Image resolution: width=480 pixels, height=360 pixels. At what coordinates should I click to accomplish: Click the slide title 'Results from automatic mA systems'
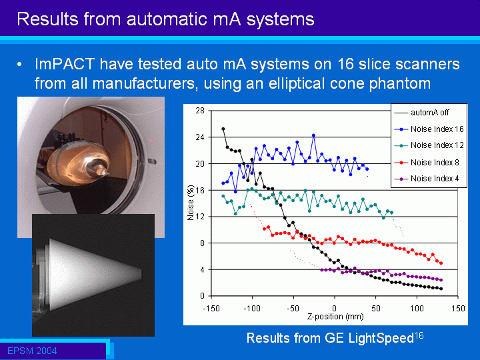click(165, 19)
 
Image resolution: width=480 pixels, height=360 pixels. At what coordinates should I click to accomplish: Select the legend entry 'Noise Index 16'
click(437, 129)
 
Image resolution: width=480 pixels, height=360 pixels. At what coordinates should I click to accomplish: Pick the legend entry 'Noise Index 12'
click(437, 145)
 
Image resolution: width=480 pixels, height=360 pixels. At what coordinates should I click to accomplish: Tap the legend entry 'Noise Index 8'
click(435, 162)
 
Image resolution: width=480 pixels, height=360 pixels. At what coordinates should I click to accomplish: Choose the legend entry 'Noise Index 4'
click(435, 179)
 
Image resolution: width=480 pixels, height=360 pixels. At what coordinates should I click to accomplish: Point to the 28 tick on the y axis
click(200, 111)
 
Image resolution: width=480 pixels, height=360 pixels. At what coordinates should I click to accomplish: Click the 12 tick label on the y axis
click(200, 217)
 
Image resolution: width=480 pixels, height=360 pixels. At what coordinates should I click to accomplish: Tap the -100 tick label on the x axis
click(251, 309)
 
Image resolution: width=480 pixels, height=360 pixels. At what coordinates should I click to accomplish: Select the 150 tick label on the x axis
click(458, 309)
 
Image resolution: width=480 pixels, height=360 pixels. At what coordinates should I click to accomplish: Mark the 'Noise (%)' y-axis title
click(191, 203)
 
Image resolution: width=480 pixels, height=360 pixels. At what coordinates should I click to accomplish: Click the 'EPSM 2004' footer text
click(32, 351)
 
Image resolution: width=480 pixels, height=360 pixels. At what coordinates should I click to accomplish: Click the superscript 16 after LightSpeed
click(419, 335)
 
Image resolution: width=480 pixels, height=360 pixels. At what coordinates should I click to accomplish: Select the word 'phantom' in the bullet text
click(393, 84)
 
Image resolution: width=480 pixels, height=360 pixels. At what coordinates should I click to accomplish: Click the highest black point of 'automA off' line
click(223, 129)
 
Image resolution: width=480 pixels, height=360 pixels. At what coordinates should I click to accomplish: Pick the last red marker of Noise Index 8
click(441, 263)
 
